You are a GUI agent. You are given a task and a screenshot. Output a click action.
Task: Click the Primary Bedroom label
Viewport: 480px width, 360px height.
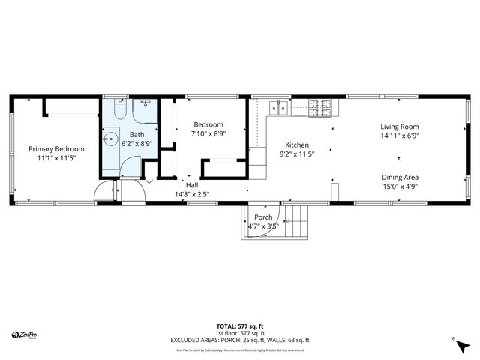point(56,149)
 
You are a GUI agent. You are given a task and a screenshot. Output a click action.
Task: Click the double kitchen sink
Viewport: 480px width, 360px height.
point(279,107)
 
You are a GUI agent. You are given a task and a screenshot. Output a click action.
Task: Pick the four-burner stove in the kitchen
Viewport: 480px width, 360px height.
point(319,109)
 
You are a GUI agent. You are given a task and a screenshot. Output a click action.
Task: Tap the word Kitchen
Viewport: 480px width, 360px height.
point(297,145)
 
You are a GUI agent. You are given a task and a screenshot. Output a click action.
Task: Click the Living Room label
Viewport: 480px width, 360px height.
point(399,127)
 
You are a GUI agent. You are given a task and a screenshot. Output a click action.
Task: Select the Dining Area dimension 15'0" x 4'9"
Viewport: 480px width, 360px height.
point(400,187)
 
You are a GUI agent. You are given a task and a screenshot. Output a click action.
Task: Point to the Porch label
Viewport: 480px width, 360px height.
point(263,217)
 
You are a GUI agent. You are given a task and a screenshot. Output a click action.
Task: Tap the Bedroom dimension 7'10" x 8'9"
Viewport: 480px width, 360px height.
point(208,133)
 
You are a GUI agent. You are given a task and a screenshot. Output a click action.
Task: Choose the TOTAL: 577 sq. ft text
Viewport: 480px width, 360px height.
point(239,326)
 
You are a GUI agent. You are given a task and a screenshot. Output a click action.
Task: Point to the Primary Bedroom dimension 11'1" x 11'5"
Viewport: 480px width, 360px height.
point(56,159)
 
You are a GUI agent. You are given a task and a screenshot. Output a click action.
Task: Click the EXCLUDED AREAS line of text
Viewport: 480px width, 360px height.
point(239,340)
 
